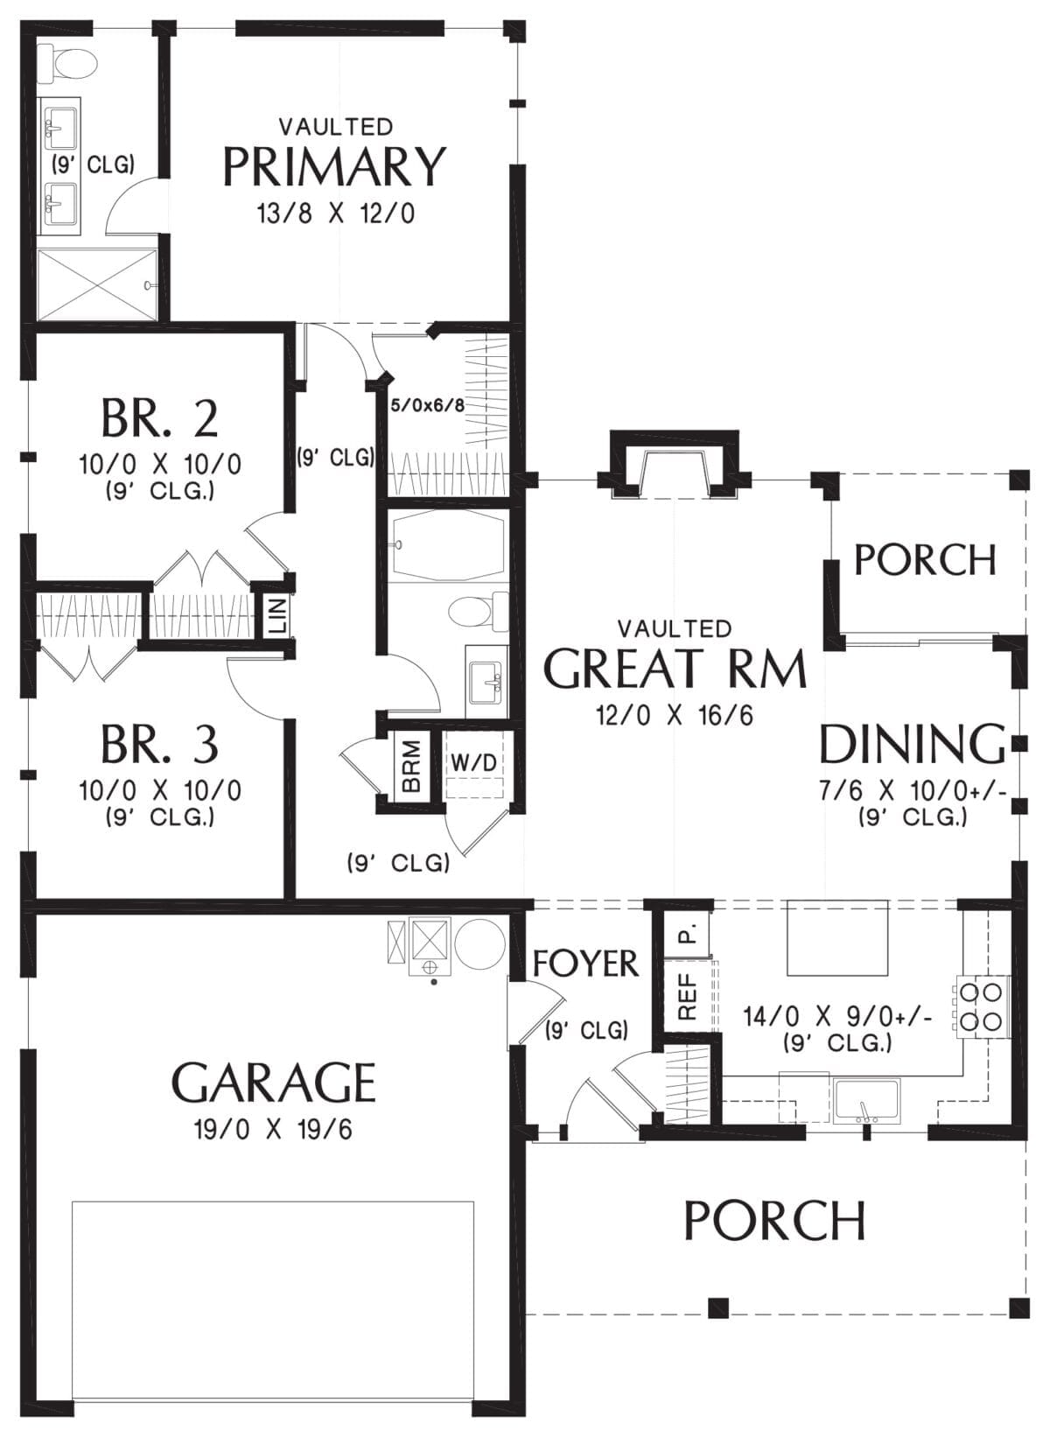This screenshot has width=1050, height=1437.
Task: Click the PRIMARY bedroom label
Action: [334, 167]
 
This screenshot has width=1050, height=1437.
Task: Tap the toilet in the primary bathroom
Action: [66, 64]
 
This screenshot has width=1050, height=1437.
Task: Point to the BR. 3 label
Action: [160, 744]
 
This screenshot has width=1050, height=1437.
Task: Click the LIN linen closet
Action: [277, 614]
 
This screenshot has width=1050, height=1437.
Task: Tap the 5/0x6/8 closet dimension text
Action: [427, 405]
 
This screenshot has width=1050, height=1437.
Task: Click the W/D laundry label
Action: [474, 763]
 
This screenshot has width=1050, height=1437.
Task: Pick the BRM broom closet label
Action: [411, 766]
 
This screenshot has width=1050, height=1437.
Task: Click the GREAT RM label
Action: [674, 669]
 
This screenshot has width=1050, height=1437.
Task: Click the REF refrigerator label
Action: [687, 996]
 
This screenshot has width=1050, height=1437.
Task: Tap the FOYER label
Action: [585, 964]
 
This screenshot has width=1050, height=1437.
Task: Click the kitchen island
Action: [837, 936]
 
